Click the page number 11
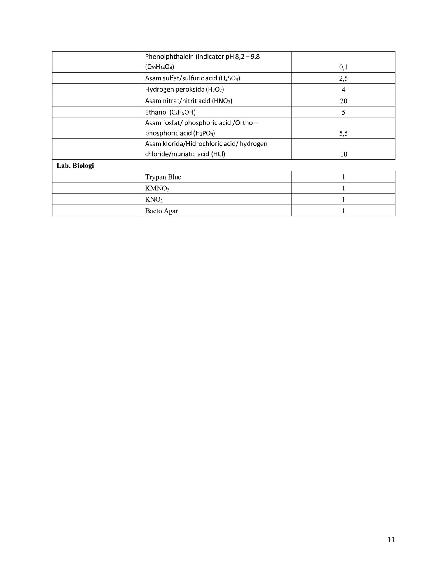coord(391,540)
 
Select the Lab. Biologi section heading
coord(75,166)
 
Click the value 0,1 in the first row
coord(343,67)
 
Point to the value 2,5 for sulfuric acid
coord(343,78)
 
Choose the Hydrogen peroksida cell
coord(184,90)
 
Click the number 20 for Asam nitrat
coord(344,101)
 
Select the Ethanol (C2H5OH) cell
coord(170,112)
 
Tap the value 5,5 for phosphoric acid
coord(343,134)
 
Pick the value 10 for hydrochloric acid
coord(344,154)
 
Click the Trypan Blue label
coord(163,177)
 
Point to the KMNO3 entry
coord(157,188)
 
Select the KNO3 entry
coord(154,200)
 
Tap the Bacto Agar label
coord(161,211)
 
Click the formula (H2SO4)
coord(229,78)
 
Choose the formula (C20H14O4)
coord(160,67)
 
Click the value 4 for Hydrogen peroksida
coord(343,90)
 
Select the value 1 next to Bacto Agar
coord(343,211)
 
